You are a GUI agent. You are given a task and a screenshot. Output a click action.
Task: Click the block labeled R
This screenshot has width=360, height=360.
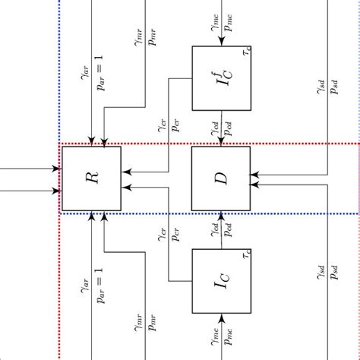tap(91, 178)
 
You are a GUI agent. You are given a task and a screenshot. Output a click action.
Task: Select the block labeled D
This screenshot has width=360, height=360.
tap(220, 178)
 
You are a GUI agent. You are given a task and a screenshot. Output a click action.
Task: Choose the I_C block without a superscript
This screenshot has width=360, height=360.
tap(221, 281)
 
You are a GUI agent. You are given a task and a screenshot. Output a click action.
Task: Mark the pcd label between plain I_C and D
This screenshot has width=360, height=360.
tap(229, 229)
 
